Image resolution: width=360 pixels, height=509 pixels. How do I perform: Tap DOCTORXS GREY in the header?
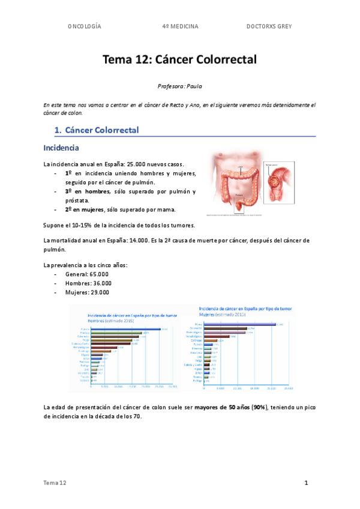pyautogui.click(x=269, y=26)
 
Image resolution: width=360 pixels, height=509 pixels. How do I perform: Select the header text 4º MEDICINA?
pyautogui.click(x=180, y=26)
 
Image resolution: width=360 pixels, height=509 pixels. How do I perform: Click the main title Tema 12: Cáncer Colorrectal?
pyautogui.click(x=180, y=59)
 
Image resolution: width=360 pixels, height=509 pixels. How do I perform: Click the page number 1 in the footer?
pyautogui.click(x=306, y=483)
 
